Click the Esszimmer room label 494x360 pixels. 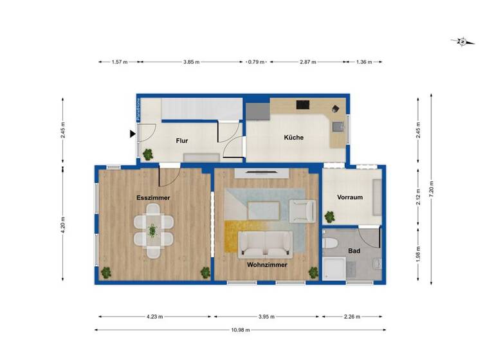pyautogui.click(x=153, y=198)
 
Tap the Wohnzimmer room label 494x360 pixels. pyautogui.click(x=266, y=264)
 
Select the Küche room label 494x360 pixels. pyautogui.click(x=294, y=138)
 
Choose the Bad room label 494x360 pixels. pyautogui.click(x=353, y=251)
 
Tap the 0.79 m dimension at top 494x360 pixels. pyautogui.click(x=255, y=62)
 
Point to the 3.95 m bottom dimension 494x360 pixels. pyautogui.click(x=267, y=316)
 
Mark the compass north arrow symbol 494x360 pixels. pyautogui.click(x=462, y=42)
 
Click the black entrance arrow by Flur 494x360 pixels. pyautogui.click(x=133, y=134)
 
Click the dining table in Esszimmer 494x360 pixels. pyautogui.click(x=153, y=230)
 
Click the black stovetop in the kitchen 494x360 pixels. pyautogui.click(x=302, y=105)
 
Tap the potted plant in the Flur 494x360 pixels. pyautogui.click(x=148, y=154)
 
